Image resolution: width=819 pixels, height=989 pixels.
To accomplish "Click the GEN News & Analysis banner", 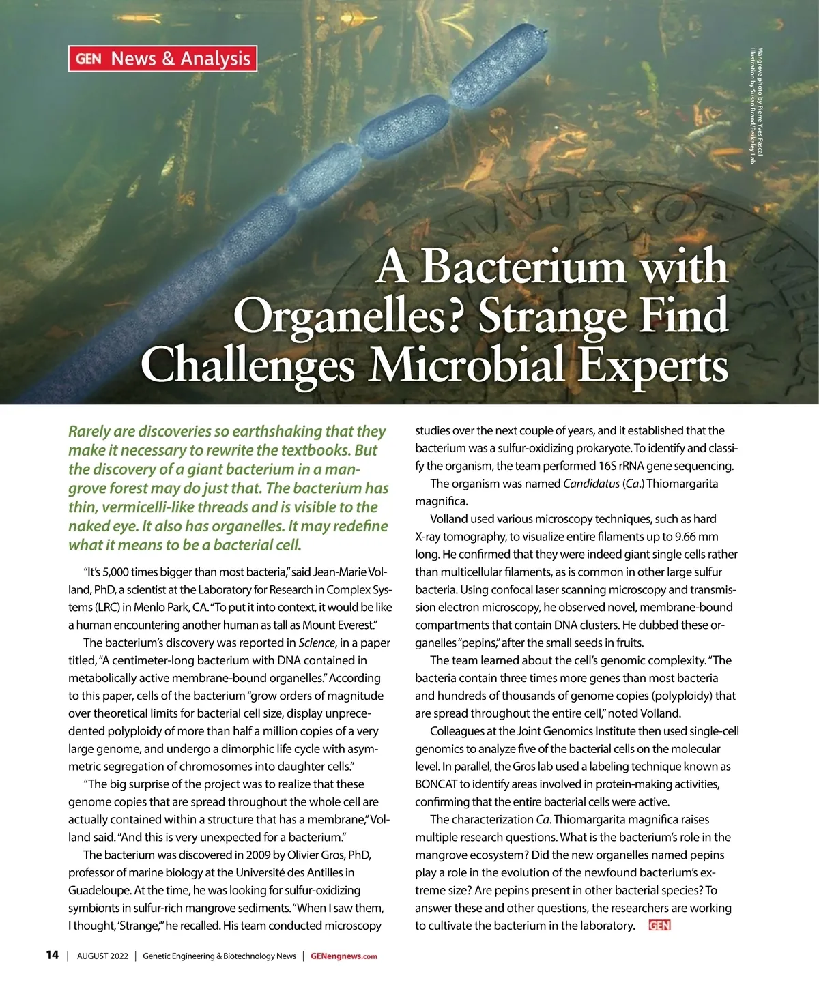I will point(162,59).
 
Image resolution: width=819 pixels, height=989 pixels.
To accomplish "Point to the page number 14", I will point(52,955).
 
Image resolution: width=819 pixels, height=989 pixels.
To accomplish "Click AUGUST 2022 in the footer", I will point(102,956).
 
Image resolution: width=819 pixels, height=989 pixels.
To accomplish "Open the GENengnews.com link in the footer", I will point(343,956).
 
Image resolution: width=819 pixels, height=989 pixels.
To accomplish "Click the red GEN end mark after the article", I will point(660,926).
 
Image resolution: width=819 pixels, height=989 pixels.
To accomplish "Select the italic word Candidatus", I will point(590,484).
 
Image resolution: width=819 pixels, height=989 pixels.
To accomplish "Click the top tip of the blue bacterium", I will point(544,31).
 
